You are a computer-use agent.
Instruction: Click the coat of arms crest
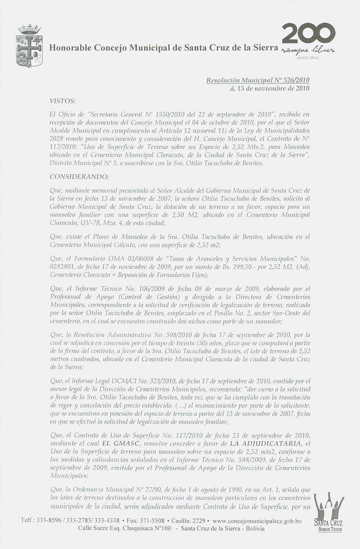point(29,46)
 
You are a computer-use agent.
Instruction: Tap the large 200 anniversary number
point(308,34)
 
